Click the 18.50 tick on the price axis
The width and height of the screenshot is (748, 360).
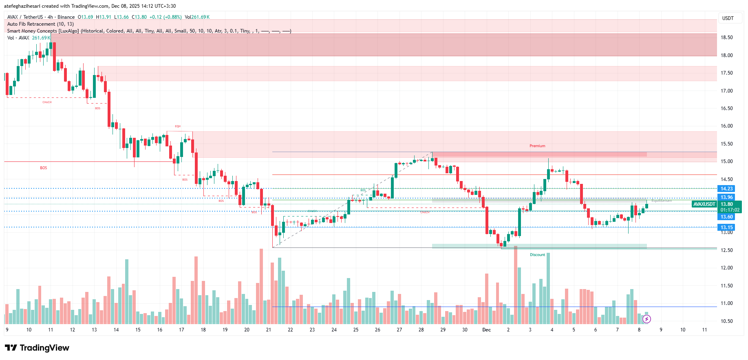(x=726, y=38)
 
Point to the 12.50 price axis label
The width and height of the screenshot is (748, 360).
(x=726, y=250)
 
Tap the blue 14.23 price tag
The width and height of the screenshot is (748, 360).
(x=726, y=189)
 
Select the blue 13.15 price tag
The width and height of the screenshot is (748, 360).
(x=726, y=227)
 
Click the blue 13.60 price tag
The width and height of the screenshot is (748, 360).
(x=726, y=217)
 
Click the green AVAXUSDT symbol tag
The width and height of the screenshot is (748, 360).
(x=704, y=204)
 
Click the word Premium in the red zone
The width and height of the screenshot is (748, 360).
(x=537, y=146)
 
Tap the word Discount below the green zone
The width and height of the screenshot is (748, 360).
(x=537, y=255)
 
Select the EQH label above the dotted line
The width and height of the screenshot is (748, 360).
(x=178, y=126)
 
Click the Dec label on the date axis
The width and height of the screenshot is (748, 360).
(x=486, y=330)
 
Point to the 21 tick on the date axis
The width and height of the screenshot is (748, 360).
(x=268, y=330)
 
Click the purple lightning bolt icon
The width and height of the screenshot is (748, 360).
(x=647, y=319)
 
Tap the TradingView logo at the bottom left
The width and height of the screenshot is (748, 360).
(x=37, y=348)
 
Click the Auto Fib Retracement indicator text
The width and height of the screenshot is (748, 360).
(x=40, y=24)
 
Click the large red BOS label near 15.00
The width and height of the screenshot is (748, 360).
(x=44, y=168)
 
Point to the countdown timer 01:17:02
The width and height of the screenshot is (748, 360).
(x=729, y=210)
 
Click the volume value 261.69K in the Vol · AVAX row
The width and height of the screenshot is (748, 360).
(x=41, y=38)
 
